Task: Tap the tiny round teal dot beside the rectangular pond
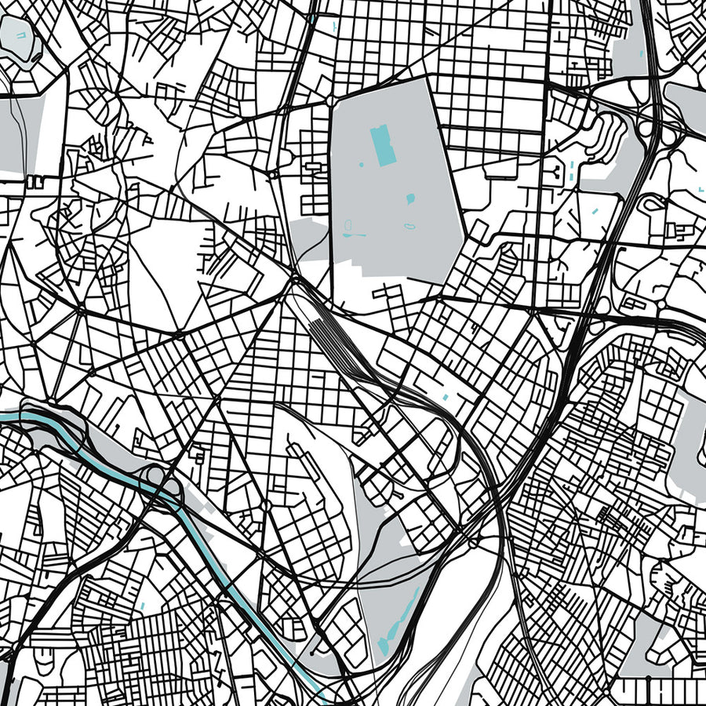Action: pyautogui.click(x=362, y=165)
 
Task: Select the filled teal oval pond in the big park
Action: pyautogui.click(x=409, y=199)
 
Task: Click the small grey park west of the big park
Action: pyautogui.click(x=311, y=239)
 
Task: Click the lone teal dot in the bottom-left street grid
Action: pyautogui.click(x=143, y=606)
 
